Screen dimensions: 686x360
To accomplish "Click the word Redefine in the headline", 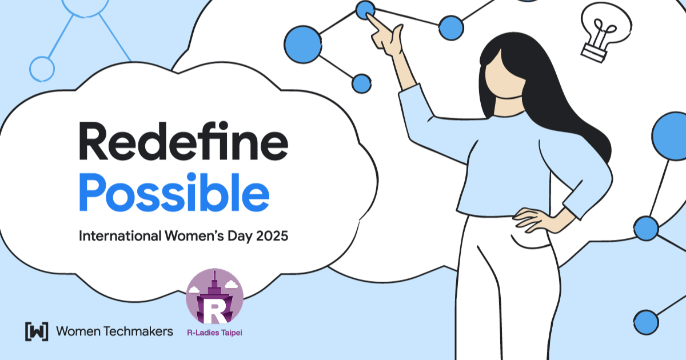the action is pos(184,141).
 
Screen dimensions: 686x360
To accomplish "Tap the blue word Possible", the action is pos(174,192).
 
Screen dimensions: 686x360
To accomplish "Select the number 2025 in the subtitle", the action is pos(272,236).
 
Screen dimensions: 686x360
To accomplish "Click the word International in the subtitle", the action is pos(120,236).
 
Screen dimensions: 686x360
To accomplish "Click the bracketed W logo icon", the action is pos(37,331).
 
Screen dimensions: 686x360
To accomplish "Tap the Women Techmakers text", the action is pos(114,331).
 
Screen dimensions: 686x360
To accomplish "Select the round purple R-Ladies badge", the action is pos(215,297).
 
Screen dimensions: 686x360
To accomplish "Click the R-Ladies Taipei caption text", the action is pos(215,333).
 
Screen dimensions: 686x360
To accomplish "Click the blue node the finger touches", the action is pos(365,10).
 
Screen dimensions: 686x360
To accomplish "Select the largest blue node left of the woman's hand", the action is pos(303,45).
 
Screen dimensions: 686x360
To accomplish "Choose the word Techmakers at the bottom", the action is pos(138,331).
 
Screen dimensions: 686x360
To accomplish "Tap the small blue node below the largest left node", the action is pos(362,83).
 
